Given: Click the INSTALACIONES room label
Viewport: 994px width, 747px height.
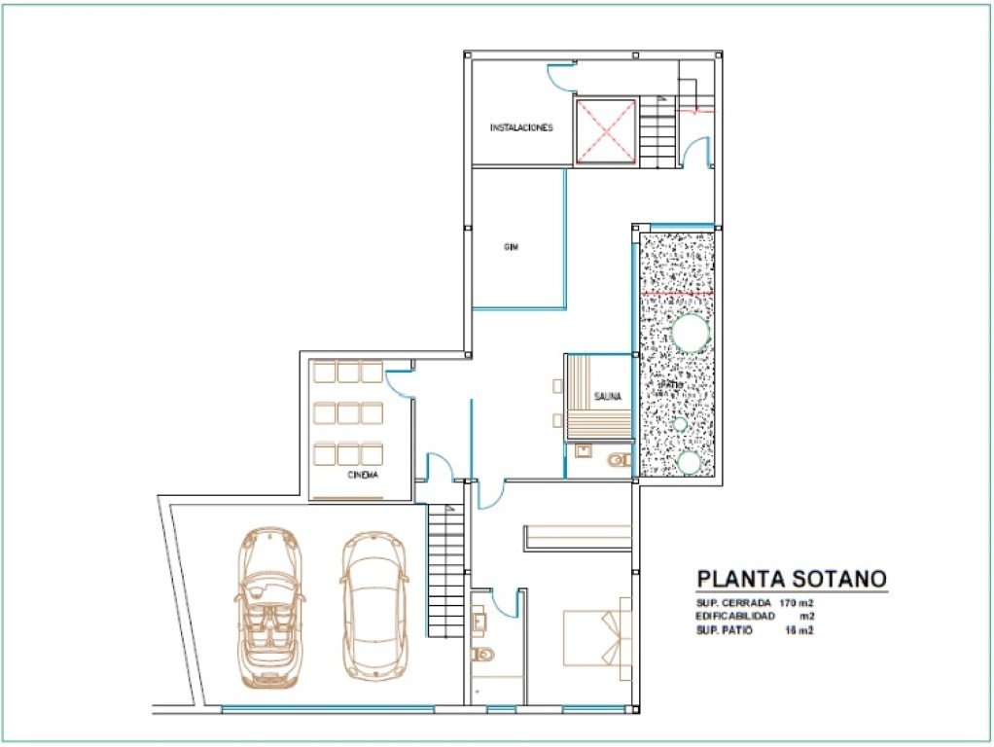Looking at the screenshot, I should [521, 127].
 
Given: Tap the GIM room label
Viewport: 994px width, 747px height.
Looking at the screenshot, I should [511, 247].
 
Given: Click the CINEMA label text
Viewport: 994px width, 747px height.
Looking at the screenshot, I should [363, 476].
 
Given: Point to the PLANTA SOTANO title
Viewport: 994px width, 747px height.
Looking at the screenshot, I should [791, 579].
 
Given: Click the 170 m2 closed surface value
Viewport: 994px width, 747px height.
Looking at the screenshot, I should [797, 603].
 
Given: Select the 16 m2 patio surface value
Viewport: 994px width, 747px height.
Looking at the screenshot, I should [799, 630].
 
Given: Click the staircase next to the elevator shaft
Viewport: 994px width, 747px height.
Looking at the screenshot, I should [657, 131].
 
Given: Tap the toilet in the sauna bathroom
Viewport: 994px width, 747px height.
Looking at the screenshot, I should [616, 459].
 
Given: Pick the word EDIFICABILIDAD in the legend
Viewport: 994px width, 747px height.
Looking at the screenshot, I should [735, 617].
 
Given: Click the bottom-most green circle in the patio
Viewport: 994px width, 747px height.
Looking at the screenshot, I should [689, 462].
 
